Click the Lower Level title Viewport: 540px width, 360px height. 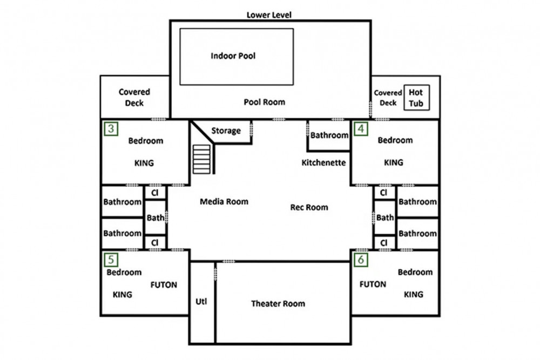[269, 15]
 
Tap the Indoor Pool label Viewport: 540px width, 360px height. [233, 56]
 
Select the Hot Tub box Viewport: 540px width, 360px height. [416, 98]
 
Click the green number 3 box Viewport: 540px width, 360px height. [111, 128]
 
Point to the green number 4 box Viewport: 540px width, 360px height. [361, 128]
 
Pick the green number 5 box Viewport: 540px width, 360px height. [111, 260]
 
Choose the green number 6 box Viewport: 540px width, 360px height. [361, 260]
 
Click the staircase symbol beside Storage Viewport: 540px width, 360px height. [201, 159]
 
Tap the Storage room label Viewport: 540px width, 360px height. [226, 131]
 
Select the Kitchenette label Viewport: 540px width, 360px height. [323, 163]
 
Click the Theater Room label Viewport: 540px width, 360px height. [278, 303]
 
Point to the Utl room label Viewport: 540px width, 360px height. [201, 302]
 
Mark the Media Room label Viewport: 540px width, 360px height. [224, 202]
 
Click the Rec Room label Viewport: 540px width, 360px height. [309, 207]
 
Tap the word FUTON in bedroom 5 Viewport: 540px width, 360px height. [164, 285]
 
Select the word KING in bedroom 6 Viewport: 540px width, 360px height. [414, 295]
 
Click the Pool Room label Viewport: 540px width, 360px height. [265, 102]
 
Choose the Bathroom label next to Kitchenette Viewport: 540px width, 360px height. [329, 135]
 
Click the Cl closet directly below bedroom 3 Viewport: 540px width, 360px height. [154, 193]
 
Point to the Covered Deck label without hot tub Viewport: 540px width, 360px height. [134, 97]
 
